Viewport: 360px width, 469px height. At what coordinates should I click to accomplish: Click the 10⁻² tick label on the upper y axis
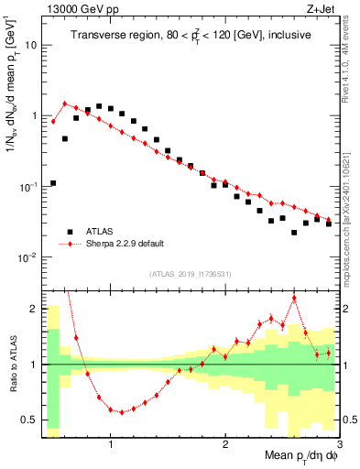(29, 257)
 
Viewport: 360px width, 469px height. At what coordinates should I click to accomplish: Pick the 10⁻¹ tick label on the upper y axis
(29, 187)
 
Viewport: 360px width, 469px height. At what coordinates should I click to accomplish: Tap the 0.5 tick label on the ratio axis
(29, 420)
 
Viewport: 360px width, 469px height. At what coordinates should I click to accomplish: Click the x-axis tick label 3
(338, 445)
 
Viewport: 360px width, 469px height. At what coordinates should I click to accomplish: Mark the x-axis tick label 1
(111, 445)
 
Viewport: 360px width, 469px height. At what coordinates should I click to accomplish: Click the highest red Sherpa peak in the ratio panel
(294, 298)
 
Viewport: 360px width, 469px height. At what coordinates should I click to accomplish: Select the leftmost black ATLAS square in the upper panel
(53, 183)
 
